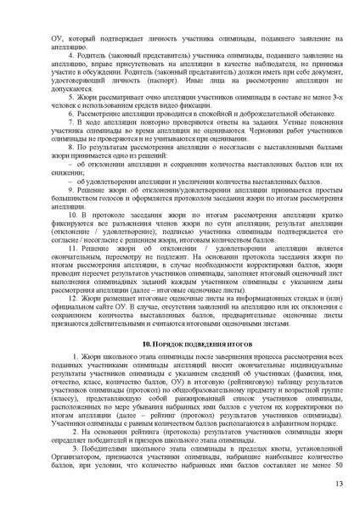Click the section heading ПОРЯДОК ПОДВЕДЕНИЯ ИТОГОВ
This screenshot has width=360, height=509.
tap(185, 343)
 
